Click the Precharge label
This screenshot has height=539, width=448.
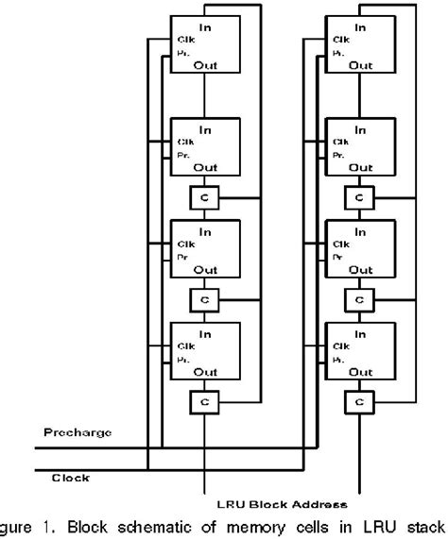click(78, 431)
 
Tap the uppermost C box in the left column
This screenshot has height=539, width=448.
click(203, 198)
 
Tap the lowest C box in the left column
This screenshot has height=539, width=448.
click(203, 402)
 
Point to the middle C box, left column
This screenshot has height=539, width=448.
click(203, 300)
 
